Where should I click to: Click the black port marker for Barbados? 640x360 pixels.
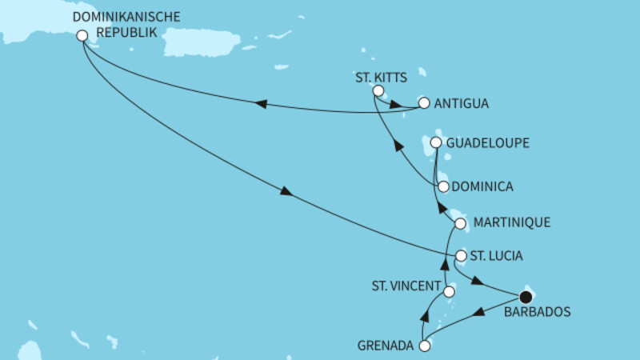[x=526, y=295]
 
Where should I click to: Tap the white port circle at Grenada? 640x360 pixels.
[x=425, y=346]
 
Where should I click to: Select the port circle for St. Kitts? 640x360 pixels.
[x=378, y=91]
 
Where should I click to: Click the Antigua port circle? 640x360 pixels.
[x=424, y=103]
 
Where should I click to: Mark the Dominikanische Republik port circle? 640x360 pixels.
[x=82, y=35]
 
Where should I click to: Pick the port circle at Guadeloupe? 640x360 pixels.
[x=436, y=142]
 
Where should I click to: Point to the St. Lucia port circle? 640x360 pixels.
[x=461, y=256]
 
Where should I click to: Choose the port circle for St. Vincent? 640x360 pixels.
[x=450, y=293]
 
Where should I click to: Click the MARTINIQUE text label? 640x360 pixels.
[x=511, y=222]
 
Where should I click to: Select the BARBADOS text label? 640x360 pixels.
[x=537, y=313]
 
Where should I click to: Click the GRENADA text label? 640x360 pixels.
[x=386, y=346]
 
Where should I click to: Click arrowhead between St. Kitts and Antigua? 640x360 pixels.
[x=395, y=102]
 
